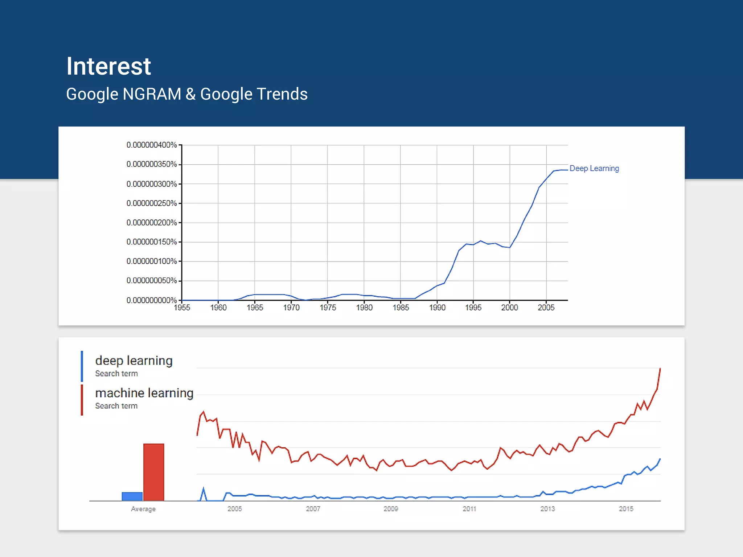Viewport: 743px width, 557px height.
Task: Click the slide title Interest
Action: pos(108,67)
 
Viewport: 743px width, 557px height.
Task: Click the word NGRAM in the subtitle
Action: pos(152,94)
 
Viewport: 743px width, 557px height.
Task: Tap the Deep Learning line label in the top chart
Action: pos(594,169)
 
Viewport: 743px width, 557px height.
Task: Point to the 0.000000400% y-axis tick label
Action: pos(152,145)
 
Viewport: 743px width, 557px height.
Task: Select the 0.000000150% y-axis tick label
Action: pos(152,242)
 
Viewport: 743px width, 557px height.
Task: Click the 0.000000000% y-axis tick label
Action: pos(152,300)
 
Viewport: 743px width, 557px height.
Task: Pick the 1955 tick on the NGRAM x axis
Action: pos(182,308)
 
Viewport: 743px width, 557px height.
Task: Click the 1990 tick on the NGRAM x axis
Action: pos(437,308)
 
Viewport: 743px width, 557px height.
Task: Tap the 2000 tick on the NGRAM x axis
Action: pos(510,308)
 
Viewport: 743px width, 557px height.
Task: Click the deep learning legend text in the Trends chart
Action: pos(134,361)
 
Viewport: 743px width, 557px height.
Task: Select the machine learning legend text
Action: pos(144,393)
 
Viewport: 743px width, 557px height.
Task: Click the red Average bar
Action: pos(153,472)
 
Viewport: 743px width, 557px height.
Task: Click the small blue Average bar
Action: pos(132,496)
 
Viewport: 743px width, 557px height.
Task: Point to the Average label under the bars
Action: pos(143,509)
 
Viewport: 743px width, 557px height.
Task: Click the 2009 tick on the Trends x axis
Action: pos(391,509)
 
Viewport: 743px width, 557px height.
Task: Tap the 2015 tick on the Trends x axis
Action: pos(626,509)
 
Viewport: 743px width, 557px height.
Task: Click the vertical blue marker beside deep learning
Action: pos(82,366)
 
